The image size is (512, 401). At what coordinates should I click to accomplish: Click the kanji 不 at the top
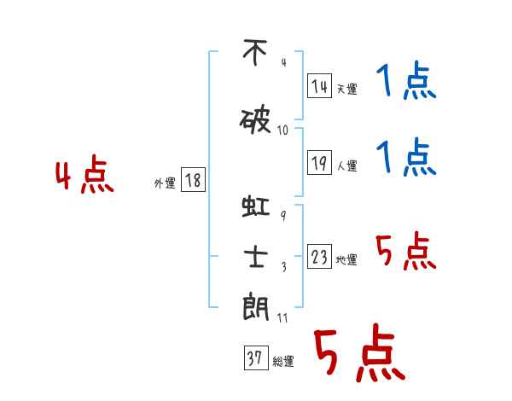pyautogui.click(x=255, y=52)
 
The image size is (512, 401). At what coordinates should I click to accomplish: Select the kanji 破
pyautogui.click(x=255, y=121)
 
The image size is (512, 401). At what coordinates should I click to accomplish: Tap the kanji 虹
pyautogui.click(x=256, y=206)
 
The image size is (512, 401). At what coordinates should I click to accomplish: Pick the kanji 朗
pyautogui.click(x=256, y=306)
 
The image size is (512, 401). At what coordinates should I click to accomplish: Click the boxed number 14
pyautogui.click(x=319, y=85)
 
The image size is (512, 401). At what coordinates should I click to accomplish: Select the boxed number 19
pyautogui.click(x=319, y=162)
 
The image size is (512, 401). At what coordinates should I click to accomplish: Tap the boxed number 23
pyautogui.click(x=319, y=256)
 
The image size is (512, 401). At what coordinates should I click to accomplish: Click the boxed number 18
pyautogui.click(x=193, y=180)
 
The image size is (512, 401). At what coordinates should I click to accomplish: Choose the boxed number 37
pyautogui.click(x=256, y=357)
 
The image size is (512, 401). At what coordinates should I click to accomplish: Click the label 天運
pyautogui.click(x=347, y=89)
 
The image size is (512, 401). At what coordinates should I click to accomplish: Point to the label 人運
pyautogui.click(x=347, y=166)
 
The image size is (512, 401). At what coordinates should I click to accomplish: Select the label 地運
pyautogui.click(x=346, y=259)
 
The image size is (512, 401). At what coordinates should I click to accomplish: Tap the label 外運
pyautogui.click(x=165, y=183)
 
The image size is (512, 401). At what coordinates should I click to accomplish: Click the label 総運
pyautogui.click(x=283, y=362)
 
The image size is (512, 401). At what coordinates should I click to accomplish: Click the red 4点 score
pyautogui.click(x=84, y=174)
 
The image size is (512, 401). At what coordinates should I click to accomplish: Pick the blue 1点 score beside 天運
pyautogui.click(x=406, y=80)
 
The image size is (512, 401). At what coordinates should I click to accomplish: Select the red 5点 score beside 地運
pyautogui.click(x=406, y=251)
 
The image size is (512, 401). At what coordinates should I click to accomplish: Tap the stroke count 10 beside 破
pyautogui.click(x=282, y=131)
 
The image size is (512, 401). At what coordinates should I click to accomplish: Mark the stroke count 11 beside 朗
pyautogui.click(x=282, y=317)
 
